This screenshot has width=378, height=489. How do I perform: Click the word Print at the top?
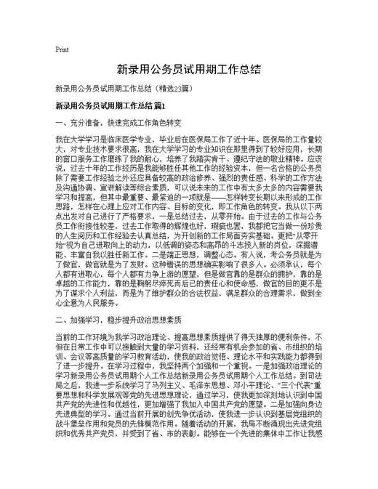coord(62,49)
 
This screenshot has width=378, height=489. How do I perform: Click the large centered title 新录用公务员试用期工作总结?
coord(188,70)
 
